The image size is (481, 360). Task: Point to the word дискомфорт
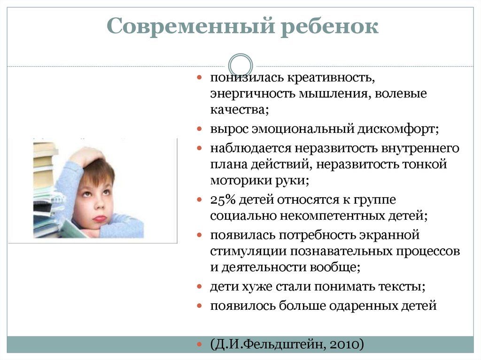(x=396, y=128)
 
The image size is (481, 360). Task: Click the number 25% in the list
(x=223, y=199)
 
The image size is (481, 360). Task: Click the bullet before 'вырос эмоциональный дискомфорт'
(x=200, y=128)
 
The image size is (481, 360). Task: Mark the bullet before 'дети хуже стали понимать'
(x=200, y=286)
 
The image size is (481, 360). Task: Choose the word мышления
(x=334, y=93)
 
